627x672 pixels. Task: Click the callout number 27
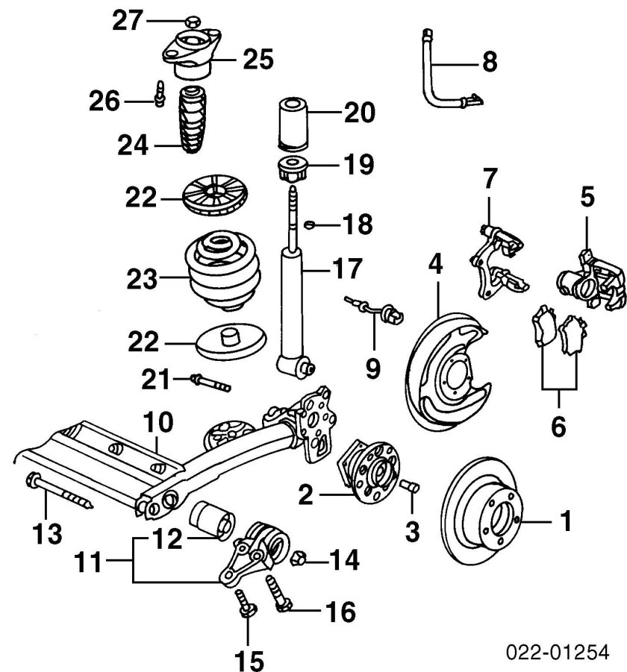[x=128, y=21]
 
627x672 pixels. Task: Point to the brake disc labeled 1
[x=482, y=510]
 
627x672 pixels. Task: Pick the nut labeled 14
[x=299, y=559]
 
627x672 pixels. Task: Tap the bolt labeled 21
[x=210, y=383]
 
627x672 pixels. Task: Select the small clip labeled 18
[x=310, y=224]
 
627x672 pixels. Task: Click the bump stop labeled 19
[x=293, y=170]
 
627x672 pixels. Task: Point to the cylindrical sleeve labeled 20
[x=293, y=125]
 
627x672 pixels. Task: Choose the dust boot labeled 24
[x=192, y=120]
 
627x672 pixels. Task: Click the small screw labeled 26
[x=160, y=93]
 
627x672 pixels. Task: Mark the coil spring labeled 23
[x=223, y=271]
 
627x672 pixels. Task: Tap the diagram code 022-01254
[x=558, y=653]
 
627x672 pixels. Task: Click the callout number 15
[x=249, y=660]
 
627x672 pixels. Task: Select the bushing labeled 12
[x=212, y=520]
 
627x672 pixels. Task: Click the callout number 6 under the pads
[x=558, y=427]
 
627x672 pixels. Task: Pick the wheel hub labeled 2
[x=369, y=471]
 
